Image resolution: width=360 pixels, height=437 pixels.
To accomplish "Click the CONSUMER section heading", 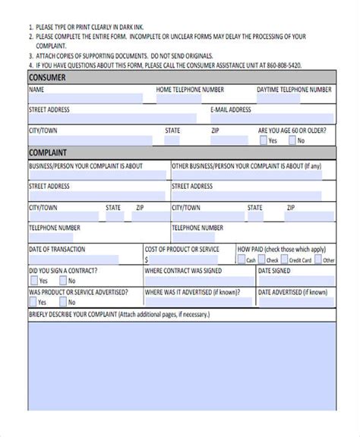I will point(47,77).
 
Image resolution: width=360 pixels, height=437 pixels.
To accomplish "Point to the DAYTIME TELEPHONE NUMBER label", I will point(294,90).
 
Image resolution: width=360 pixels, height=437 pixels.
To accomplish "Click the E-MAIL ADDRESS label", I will point(230,110).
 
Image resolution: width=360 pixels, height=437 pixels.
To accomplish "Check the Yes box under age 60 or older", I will point(264,140).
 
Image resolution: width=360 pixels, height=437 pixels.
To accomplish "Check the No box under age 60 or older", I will point(292,140).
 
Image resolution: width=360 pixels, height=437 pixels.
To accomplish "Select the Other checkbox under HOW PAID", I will point(318,260).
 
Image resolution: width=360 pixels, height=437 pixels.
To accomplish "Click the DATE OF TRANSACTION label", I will point(57,249).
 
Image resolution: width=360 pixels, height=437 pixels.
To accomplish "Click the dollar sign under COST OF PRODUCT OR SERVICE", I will point(147,259).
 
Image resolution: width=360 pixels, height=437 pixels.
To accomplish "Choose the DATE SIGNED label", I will point(274,270).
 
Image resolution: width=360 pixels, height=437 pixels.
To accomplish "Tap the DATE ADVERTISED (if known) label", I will point(292,291).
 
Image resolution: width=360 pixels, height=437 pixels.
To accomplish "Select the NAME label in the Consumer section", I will point(36,90).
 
